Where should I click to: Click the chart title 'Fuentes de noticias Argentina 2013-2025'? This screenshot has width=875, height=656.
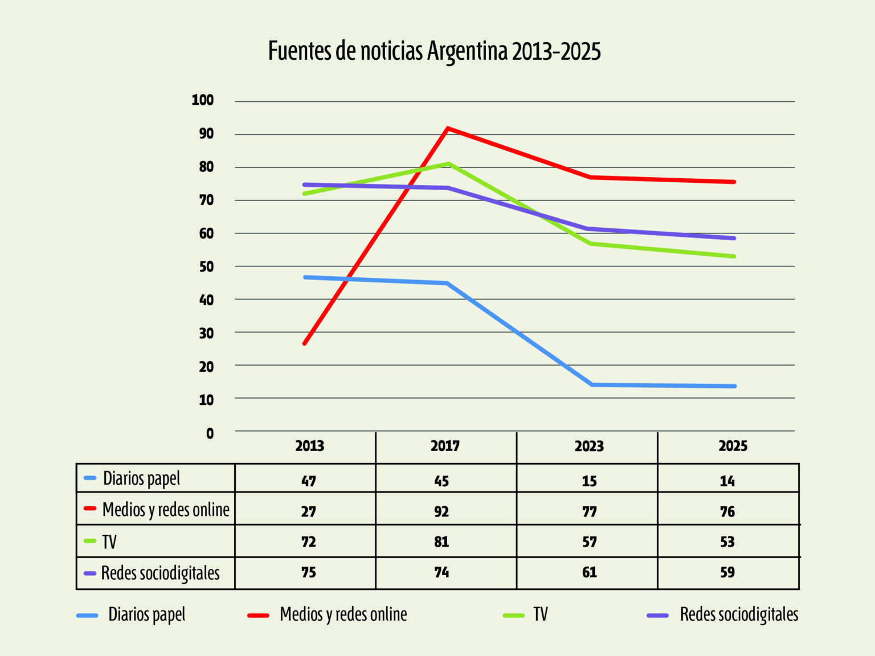point(434,51)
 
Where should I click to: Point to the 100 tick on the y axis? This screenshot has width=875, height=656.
point(203,100)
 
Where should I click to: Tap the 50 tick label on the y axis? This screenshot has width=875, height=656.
point(206,266)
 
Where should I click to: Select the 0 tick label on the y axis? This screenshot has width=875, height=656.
point(210,433)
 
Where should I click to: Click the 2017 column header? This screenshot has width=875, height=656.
point(445,446)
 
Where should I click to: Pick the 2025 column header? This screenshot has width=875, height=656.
point(733,446)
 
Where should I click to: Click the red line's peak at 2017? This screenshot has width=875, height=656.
point(448,128)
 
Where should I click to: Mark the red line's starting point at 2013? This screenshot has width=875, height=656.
point(305,343)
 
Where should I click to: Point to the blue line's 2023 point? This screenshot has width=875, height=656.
point(592,385)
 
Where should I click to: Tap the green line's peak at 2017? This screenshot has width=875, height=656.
point(449,164)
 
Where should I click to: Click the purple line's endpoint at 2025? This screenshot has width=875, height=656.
point(734,238)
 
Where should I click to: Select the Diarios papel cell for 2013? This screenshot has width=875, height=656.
point(308,481)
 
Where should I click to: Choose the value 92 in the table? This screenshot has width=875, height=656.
point(441,511)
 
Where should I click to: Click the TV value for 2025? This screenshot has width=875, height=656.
point(727,542)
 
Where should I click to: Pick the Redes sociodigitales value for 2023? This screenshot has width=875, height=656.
point(589,572)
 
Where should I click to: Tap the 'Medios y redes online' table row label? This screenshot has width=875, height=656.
point(165,510)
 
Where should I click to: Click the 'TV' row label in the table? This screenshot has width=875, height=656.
point(109,542)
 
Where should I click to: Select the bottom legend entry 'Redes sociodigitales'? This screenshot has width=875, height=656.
point(739,614)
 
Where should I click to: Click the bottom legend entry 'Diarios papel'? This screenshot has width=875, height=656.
point(147,614)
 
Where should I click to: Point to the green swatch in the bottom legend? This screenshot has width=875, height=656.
point(513,615)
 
